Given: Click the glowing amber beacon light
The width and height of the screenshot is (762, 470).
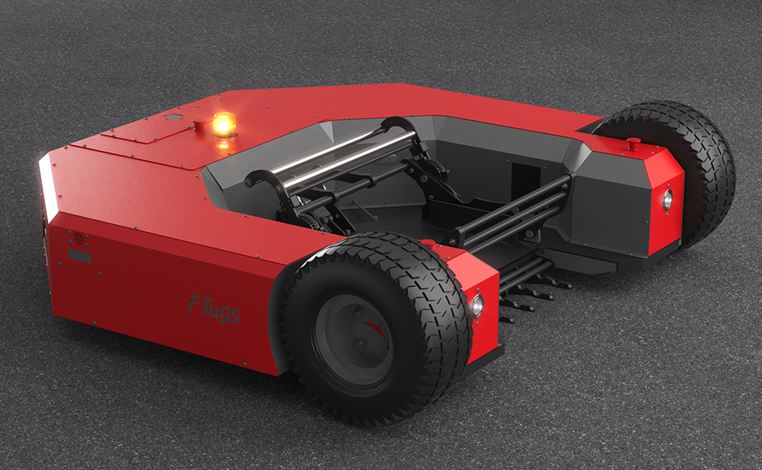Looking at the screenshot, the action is tap(224, 124).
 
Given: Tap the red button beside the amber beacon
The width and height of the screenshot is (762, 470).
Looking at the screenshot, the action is tap(199, 124).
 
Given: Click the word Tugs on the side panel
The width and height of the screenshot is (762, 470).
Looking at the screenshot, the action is tap(220, 310).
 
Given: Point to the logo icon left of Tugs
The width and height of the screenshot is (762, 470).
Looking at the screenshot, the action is tap(194, 303).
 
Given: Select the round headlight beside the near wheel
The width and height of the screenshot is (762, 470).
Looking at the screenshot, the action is tap(477, 306).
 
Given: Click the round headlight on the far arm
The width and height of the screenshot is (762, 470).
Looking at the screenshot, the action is tap(668, 200).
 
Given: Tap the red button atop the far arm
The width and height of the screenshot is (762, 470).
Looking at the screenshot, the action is tap(633, 143).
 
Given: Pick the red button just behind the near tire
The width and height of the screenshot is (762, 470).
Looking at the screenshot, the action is tap(428, 243).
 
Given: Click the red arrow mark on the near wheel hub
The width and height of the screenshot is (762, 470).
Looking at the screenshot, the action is tap(374, 328).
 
